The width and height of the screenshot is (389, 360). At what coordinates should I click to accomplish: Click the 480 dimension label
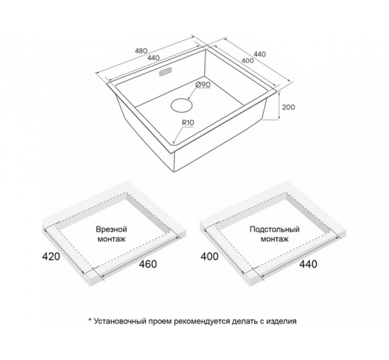pyautogui.click(x=141, y=51)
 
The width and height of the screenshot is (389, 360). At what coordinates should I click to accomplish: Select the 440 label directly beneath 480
pyautogui.click(x=153, y=58)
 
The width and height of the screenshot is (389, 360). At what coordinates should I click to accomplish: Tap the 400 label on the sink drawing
pyautogui.click(x=247, y=61)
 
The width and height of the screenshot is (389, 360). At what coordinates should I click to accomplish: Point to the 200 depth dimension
pyautogui.click(x=288, y=107)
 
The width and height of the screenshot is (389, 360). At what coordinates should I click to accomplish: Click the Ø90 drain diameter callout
pyautogui.click(x=203, y=85)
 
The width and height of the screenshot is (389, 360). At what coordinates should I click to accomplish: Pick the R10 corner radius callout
pyautogui.click(x=188, y=122)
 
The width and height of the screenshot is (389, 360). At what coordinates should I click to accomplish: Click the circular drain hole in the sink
pyautogui.click(x=182, y=105)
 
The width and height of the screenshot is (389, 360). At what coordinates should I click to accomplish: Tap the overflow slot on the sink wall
pyautogui.click(x=165, y=72)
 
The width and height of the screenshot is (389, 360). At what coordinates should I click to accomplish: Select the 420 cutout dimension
pyautogui.click(x=51, y=257)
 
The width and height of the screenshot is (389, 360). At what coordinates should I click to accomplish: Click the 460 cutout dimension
pyautogui.click(x=148, y=264)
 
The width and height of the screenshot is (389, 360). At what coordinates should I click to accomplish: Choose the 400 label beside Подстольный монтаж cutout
pyautogui.click(x=209, y=257)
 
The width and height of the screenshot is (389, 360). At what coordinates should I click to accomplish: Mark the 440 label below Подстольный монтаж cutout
pyautogui.click(x=308, y=264)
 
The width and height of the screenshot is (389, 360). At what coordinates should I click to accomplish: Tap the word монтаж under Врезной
pyautogui.click(x=112, y=239)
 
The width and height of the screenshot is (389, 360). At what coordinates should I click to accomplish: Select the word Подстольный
pyautogui.click(x=275, y=230)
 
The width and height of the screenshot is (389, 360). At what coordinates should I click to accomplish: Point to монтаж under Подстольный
pyautogui.click(x=275, y=239)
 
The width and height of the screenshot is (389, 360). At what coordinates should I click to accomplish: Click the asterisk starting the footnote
pyautogui.click(x=90, y=320)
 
